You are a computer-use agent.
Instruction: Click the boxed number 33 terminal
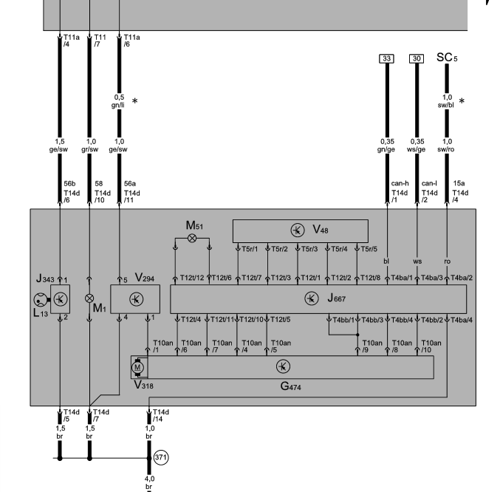coord(385,58)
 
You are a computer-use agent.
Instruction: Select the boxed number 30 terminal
coord(417,58)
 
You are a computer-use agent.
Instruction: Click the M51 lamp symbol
coord(193,239)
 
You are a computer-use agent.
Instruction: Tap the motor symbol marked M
coord(137,366)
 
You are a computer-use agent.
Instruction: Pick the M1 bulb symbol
coord(89,299)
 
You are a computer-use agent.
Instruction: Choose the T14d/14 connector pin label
coord(160,414)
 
